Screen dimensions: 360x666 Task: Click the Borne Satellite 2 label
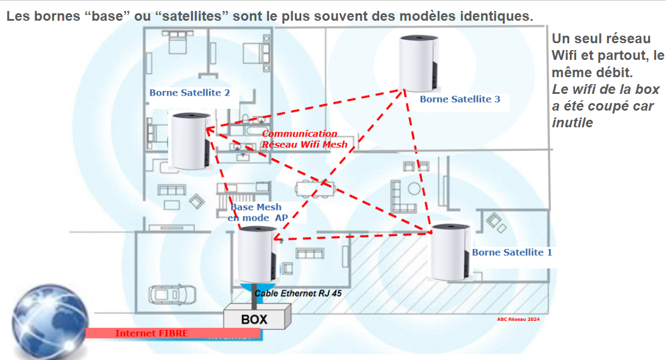coord(190,93)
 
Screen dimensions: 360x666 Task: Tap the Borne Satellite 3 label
coord(460,99)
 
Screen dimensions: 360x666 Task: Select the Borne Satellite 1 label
coord(512,252)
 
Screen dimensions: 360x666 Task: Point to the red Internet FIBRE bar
coord(173,333)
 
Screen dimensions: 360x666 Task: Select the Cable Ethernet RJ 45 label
coord(298,293)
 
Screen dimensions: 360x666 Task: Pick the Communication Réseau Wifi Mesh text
coord(304,139)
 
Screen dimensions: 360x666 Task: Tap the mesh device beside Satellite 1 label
coord(451,252)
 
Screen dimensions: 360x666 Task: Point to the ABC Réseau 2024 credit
coord(518,319)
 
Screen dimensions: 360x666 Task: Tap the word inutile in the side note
coord(573,123)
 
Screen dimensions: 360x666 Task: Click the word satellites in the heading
coord(195,16)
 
